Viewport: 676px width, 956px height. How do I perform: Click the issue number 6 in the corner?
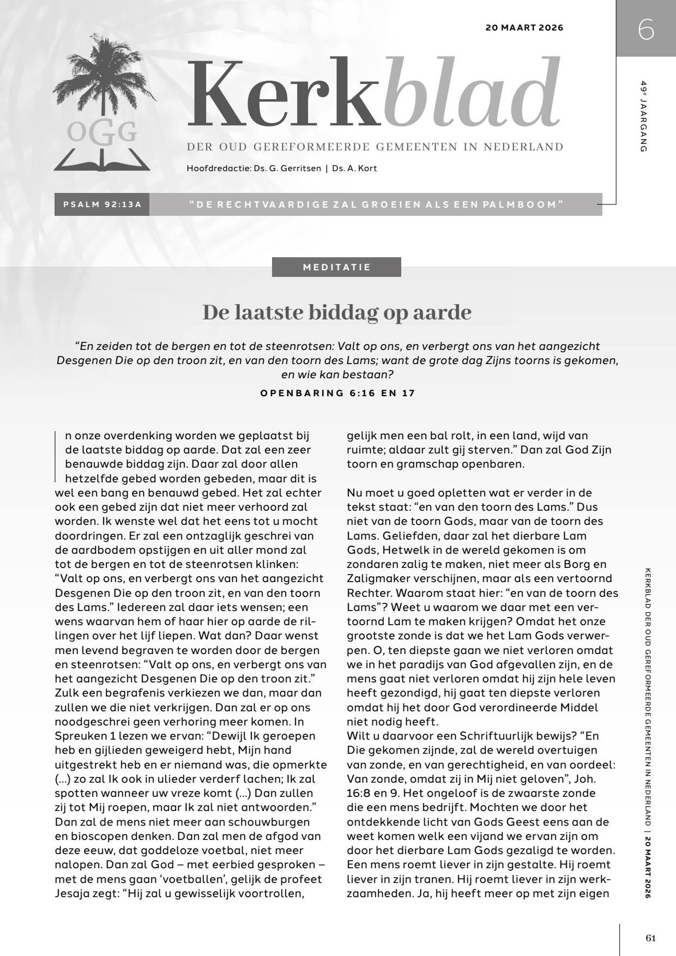pyautogui.click(x=645, y=30)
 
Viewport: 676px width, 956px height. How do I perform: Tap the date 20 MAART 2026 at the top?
pyautogui.click(x=524, y=28)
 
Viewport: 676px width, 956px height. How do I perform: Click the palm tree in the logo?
pyautogui.click(x=98, y=76)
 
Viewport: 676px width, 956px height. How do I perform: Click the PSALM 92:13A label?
pyautogui.click(x=102, y=204)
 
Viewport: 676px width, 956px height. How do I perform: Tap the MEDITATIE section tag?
pyautogui.click(x=336, y=267)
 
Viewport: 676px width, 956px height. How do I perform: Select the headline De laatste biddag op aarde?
pyautogui.click(x=337, y=313)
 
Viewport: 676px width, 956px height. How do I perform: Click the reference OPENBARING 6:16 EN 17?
pyautogui.click(x=337, y=393)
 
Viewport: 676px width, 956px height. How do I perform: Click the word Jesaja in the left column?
pyautogui.click(x=72, y=893)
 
